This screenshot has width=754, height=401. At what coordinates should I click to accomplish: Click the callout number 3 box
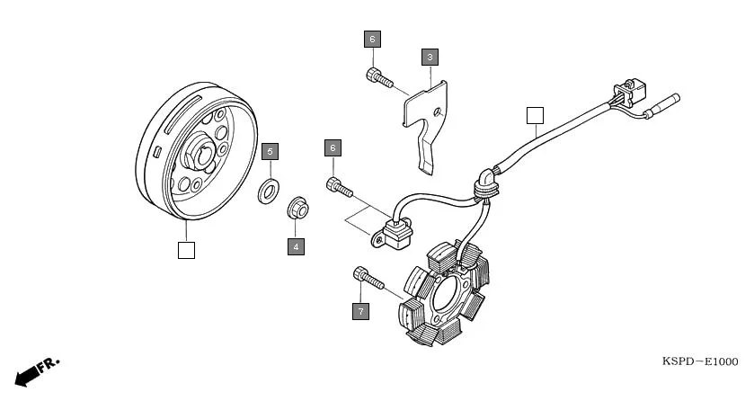[x=430, y=58]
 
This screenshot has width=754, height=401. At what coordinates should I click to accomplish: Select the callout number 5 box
[x=270, y=151]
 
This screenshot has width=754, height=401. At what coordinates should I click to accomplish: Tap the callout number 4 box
[x=296, y=245]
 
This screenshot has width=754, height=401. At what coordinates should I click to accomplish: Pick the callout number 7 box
[x=360, y=311]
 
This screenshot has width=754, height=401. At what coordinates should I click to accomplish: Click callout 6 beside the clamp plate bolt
[x=372, y=39]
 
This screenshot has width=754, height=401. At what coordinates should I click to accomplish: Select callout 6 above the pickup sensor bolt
[x=333, y=147]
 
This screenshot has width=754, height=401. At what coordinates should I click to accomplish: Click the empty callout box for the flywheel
[x=186, y=250]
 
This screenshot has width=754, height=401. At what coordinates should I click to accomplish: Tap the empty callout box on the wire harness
[x=535, y=114]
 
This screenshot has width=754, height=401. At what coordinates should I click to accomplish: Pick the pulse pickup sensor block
[x=394, y=236]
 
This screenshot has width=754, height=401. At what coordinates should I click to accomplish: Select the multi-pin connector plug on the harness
[x=625, y=92]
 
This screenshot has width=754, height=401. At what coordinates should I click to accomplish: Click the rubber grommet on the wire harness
[x=486, y=183]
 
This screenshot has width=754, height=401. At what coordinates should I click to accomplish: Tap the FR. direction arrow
[x=36, y=371]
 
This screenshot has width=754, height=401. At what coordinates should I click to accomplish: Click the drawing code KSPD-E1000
[x=699, y=361]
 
